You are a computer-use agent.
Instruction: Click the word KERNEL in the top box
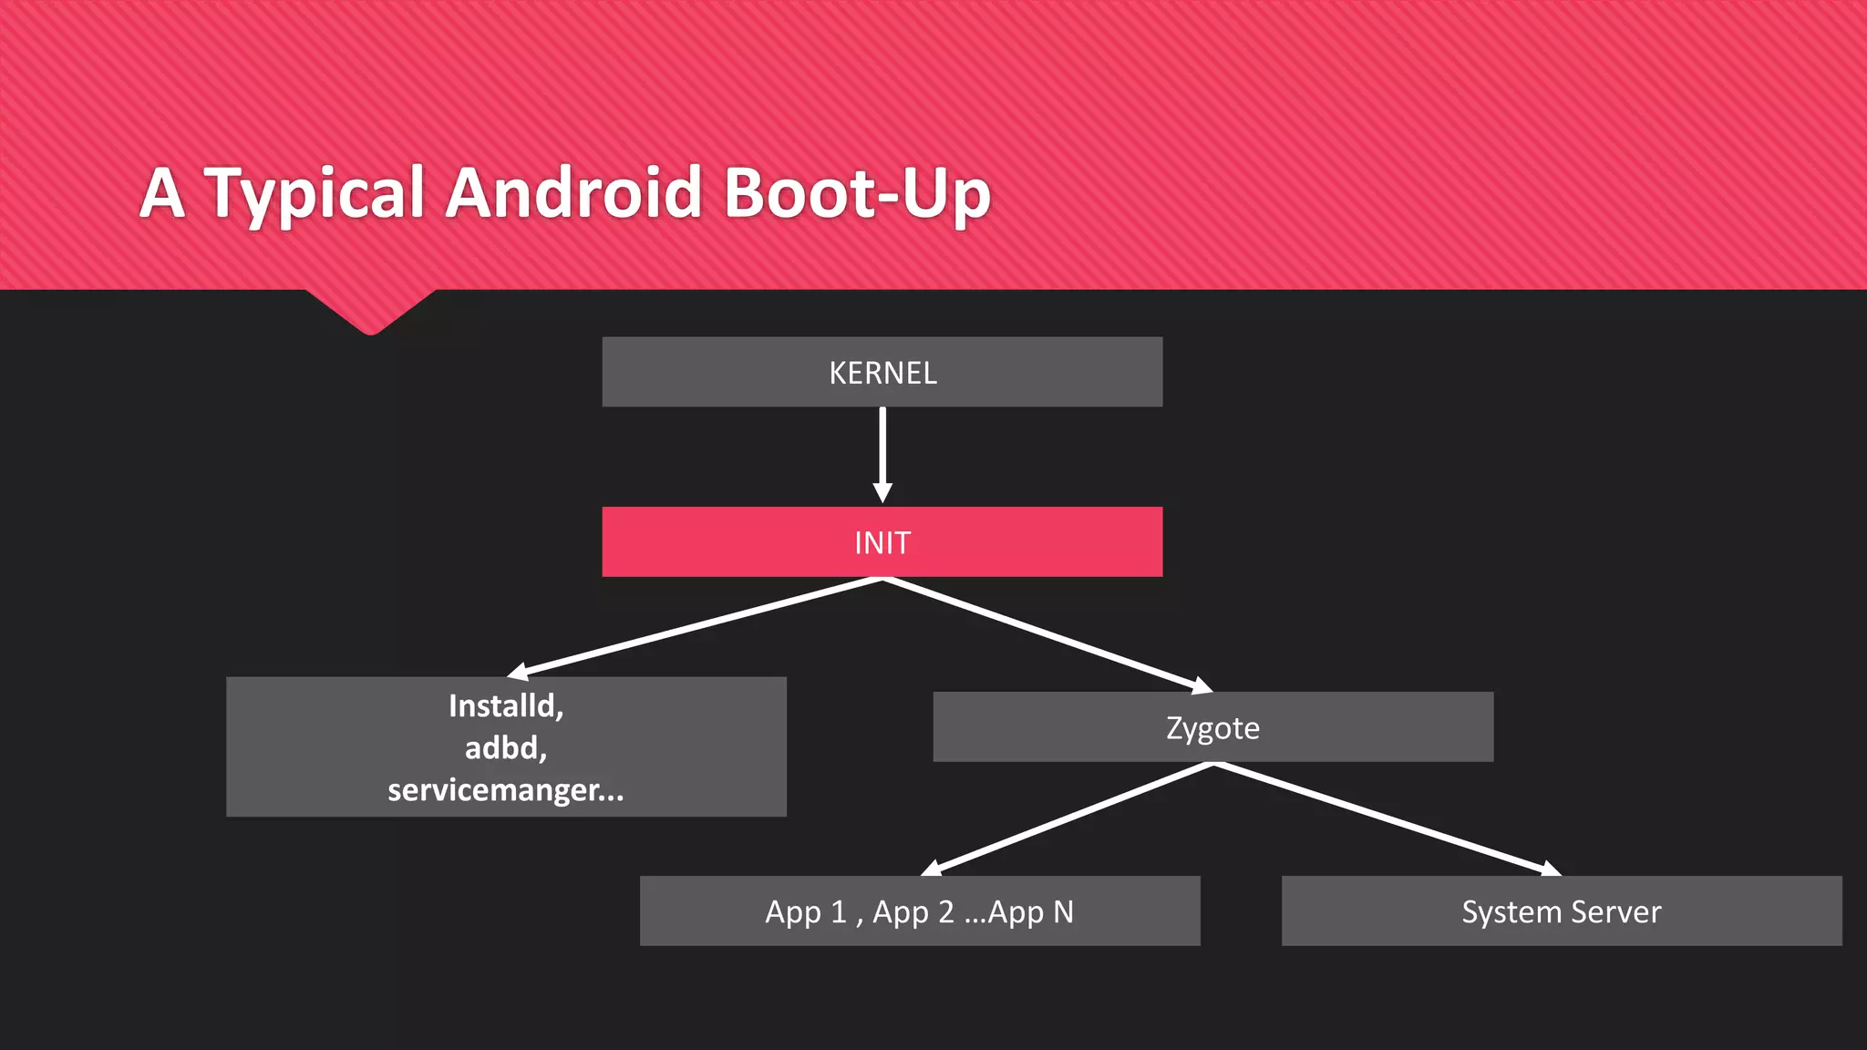(882, 373)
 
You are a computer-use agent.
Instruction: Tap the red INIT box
(882, 542)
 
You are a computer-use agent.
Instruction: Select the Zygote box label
(1212, 728)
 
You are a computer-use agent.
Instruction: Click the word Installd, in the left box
(506, 705)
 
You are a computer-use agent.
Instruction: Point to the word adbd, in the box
(506, 747)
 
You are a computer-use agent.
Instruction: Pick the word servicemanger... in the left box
(506, 789)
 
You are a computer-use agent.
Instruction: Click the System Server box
(1561, 911)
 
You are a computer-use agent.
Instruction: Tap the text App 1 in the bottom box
(806, 911)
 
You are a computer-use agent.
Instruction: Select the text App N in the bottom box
(1031, 911)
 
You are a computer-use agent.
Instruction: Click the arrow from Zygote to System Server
(1386, 818)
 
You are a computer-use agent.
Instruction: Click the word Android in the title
(572, 192)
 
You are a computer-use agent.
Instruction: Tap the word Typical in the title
(315, 194)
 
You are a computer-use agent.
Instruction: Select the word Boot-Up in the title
(857, 194)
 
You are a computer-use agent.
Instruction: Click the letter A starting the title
(163, 192)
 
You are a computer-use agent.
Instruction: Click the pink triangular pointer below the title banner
(370, 310)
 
